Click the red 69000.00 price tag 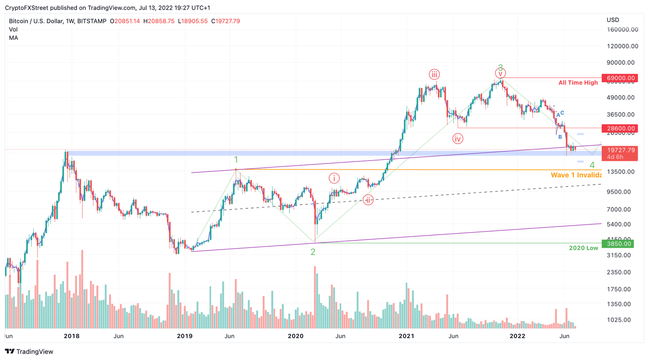click(621, 78)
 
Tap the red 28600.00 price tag click(621, 128)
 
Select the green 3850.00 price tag click(621, 244)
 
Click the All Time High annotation click(578, 83)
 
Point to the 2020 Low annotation click(583, 248)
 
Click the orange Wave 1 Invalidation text click(576, 175)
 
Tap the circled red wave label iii click(434, 75)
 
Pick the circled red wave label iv click(458, 139)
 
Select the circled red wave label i click(334, 178)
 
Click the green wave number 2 click(313, 252)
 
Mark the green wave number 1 click(236, 160)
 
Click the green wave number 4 click(592, 165)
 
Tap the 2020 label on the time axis click(295, 336)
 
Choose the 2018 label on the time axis click(71, 336)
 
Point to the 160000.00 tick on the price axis click(622, 30)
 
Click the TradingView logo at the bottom click(29, 352)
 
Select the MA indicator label click(14, 38)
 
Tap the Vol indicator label click(13, 30)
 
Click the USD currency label click(613, 20)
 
